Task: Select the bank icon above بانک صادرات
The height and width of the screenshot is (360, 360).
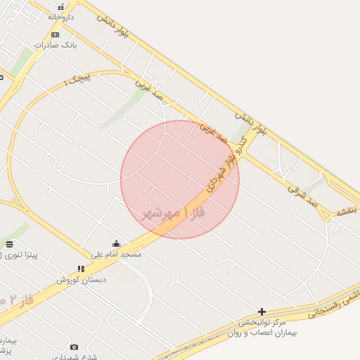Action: coord(56,34)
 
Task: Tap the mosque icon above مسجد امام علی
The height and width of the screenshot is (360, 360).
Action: coord(116,244)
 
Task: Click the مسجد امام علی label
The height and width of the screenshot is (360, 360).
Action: coord(116,254)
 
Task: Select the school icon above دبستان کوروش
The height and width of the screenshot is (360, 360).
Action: coord(81,269)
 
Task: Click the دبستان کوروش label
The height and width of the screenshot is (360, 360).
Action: coord(82,279)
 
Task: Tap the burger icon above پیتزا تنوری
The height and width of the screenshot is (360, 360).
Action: coord(9,244)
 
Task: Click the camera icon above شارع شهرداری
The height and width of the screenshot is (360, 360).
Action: coord(75,347)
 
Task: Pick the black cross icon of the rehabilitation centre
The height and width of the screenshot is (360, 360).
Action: coord(262,311)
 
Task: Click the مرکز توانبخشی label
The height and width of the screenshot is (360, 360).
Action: coord(268,322)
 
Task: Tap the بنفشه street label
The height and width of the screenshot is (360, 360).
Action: coord(347,211)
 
